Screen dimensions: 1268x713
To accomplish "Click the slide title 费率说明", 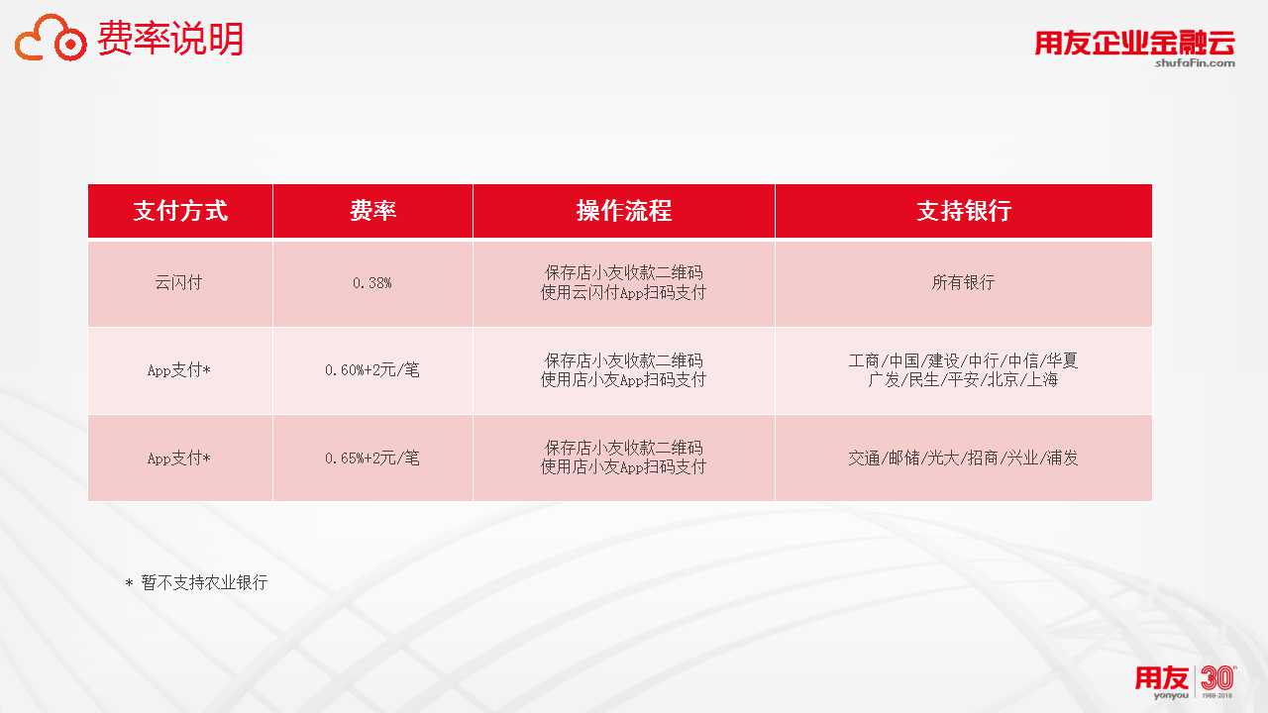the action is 170,39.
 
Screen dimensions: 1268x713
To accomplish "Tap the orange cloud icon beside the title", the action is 51,38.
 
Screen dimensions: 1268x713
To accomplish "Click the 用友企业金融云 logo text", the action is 1135,43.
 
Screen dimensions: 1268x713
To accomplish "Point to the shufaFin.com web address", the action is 1195,62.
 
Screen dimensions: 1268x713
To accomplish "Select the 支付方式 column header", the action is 180,211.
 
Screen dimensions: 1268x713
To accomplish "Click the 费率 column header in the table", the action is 372,211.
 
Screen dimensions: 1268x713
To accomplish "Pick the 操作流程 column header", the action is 624,211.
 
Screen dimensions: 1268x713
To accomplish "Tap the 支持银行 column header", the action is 964,211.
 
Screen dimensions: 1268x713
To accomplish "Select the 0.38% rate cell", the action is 371,283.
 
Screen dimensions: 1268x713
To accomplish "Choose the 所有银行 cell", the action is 963,282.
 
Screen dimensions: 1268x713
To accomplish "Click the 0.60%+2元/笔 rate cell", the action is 371,370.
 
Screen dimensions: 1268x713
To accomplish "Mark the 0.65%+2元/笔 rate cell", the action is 371,458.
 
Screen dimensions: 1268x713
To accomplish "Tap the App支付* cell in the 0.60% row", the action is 179,370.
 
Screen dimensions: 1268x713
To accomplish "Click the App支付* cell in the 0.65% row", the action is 179,458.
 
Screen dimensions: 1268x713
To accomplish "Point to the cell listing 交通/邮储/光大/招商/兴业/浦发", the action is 963,458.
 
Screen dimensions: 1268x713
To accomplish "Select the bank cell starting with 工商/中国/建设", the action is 963,370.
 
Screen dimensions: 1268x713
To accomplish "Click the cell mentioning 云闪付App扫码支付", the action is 623,283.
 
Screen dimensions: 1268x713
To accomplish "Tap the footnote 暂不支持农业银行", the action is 204,582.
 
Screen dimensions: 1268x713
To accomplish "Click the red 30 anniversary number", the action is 1217,677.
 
